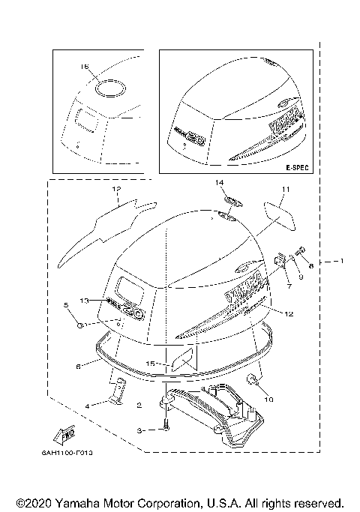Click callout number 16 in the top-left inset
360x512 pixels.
pos(84,67)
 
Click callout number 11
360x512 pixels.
pos(285,190)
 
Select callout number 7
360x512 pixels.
pos(286,286)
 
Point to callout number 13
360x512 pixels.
pos(85,301)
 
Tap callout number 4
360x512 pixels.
pos(87,406)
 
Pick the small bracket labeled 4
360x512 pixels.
pos(117,392)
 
